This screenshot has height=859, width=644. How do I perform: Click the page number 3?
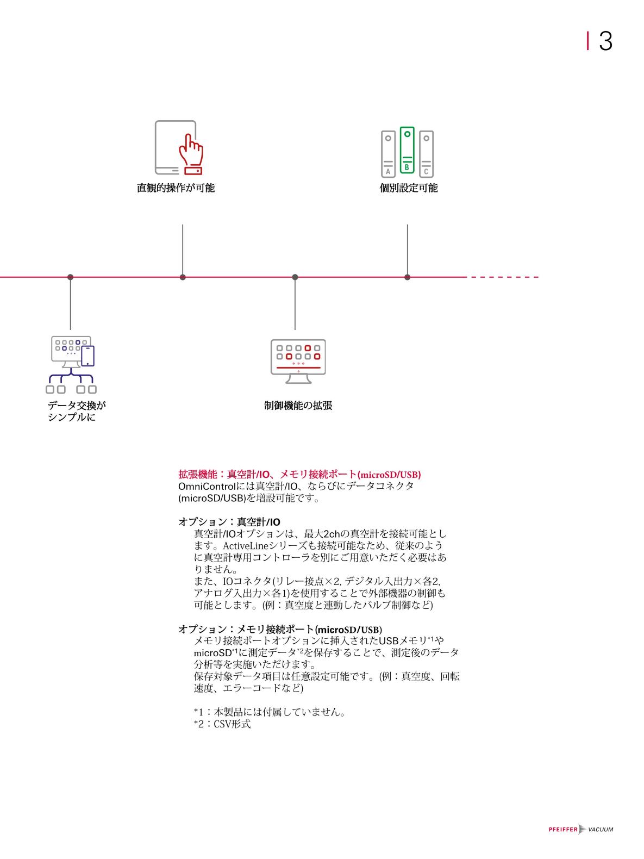click(x=605, y=41)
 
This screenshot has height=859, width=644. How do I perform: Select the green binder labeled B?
click(x=407, y=150)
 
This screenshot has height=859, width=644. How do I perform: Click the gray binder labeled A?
click(x=388, y=154)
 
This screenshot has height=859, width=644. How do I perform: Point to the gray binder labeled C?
click(x=426, y=154)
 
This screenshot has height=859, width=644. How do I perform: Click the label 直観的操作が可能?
click(x=176, y=188)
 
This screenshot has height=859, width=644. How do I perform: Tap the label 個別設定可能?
click(x=408, y=188)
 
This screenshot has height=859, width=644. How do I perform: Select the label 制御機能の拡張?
click(x=298, y=406)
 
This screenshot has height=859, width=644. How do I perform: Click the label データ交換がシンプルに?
click(x=77, y=411)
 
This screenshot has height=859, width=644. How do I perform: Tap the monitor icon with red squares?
click(x=298, y=361)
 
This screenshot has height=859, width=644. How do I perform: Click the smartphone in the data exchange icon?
click(x=87, y=356)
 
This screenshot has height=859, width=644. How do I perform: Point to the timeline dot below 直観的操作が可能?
click(x=183, y=277)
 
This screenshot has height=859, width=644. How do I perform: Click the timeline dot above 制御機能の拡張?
click(x=295, y=277)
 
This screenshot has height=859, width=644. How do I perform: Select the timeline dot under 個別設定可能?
click(x=407, y=277)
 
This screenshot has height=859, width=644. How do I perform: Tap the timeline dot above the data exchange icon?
click(x=71, y=277)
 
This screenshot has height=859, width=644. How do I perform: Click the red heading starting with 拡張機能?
click(x=299, y=474)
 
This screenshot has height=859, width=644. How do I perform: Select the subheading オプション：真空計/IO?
click(x=229, y=522)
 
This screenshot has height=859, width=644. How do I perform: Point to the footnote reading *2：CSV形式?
click(x=222, y=724)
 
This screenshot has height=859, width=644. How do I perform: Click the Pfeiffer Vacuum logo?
click(x=580, y=829)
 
